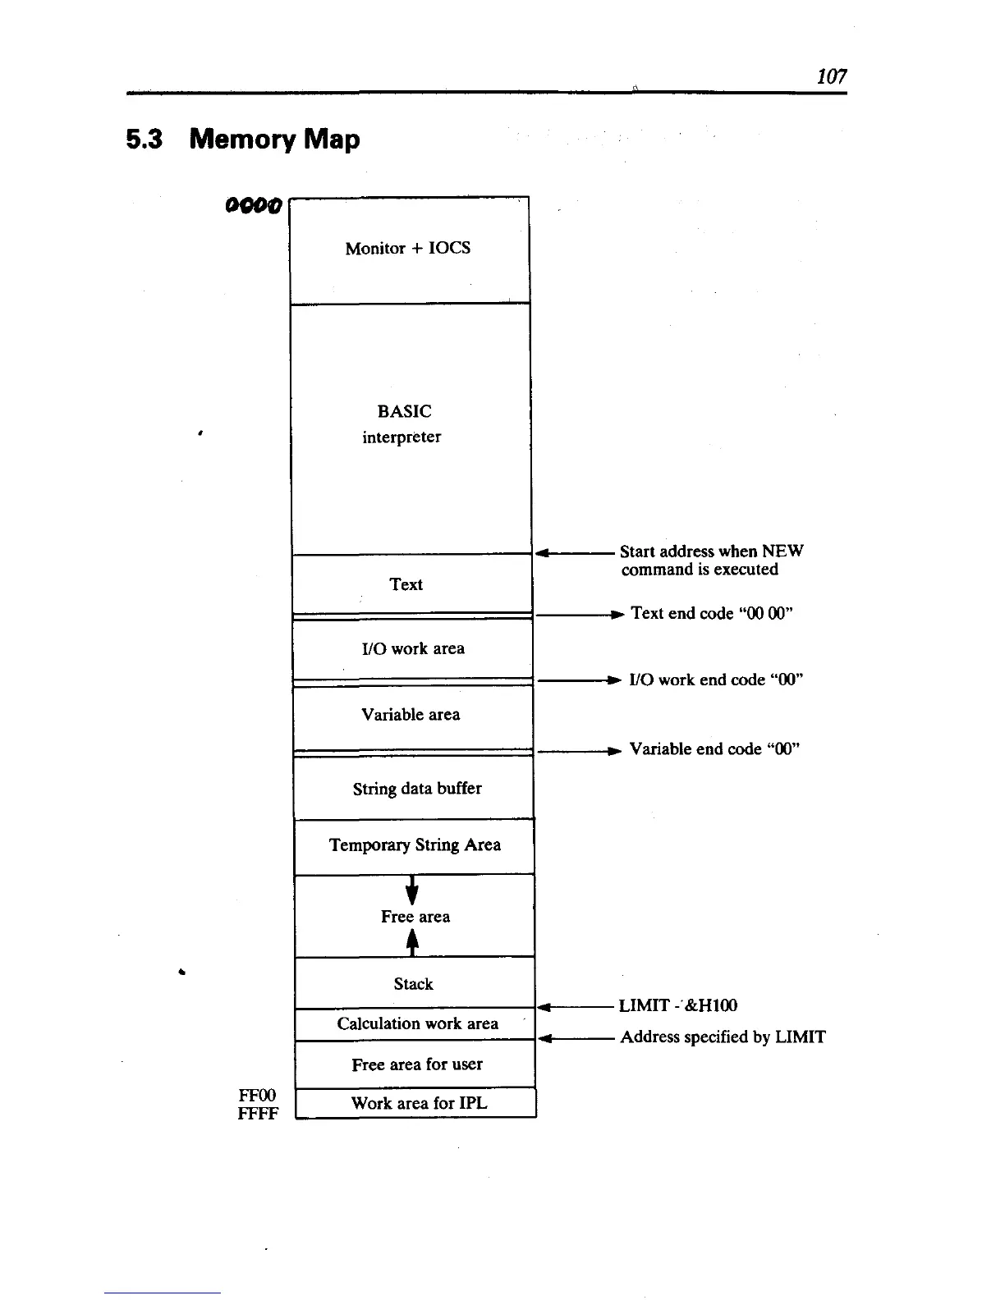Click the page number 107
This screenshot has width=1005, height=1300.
tap(832, 76)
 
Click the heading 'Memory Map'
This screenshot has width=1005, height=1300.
tap(274, 139)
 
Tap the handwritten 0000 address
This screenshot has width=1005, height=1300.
tap(253, 203)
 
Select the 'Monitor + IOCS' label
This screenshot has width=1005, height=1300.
tap(408, 248)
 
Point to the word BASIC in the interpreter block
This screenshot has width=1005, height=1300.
tap(404, 411)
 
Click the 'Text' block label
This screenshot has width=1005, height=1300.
tap(406, 584)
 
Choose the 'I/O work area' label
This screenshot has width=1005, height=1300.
tap(413, 648)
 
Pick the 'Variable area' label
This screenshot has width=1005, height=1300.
tap(411, 714)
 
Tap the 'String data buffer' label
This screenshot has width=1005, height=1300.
tap(417, 788)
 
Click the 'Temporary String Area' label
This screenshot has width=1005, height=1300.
tap(415, 845)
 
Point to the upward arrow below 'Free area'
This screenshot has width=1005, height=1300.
tap(412, 945)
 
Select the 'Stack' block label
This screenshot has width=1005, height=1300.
tap(413, 983)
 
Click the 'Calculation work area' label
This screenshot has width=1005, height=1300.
tap(417, 1023)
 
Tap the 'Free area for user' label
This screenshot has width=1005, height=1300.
tap(417, 1064)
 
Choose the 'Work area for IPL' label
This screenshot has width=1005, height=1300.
tap(419, 1103)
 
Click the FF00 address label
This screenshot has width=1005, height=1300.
tap(257, 1096)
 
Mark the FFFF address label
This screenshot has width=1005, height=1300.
tap(258, 1114)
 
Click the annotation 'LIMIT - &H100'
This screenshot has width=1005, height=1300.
tap(677, 1005)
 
